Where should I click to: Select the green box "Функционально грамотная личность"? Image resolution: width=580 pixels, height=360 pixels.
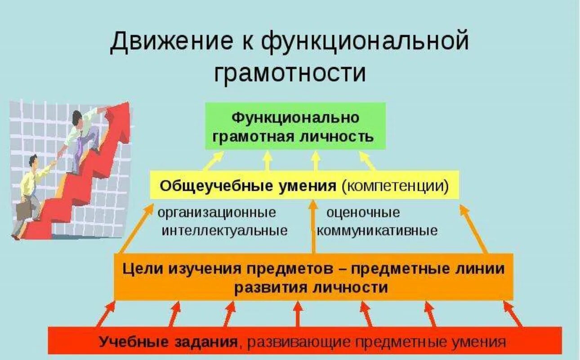point(295,126)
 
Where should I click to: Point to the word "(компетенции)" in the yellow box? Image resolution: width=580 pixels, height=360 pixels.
point(395,185)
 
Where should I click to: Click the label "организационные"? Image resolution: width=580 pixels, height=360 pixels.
point(217,212)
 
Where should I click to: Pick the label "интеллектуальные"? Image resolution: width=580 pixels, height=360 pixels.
point(224,231)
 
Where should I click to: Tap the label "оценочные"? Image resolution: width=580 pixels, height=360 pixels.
point(363,212)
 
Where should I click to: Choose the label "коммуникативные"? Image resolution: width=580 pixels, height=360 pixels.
point(377,231)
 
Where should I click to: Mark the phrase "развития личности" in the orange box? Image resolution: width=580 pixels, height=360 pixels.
point(310,288)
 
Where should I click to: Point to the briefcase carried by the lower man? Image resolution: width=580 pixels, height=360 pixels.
point(23,209)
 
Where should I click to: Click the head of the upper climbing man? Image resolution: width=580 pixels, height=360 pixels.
point(77,117)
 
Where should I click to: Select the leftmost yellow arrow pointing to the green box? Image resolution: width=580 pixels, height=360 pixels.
point(214,161)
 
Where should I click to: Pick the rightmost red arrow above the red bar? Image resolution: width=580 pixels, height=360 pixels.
point(513,313)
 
